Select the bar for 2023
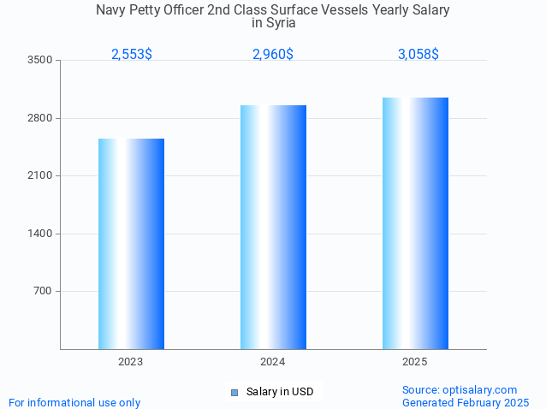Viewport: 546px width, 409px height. pyautogui.click(x=131, y=244)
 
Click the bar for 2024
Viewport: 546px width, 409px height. pyautogui.click(x=273, y=227)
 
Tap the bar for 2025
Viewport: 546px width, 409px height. pyautogui.click(x=415, y=222)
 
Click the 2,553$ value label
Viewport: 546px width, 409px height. pyautogui.click(x=132, y=54)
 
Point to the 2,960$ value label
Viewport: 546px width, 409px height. pyautogui.click(x=273, y=54)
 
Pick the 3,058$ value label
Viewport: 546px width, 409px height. pyautogui.click(x=418, y=54)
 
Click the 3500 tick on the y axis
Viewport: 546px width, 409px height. pyautogui.click(x=39, y=60)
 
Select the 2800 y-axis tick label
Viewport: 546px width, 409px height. pyautogui.click(x=39, y=118)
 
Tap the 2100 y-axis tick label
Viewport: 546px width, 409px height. pyautogui.click(x=39, y=175)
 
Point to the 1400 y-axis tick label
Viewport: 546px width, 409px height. pyautogui.click(x=39, y=234)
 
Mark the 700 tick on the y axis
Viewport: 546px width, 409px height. pyautogui.click(x=43, y=291)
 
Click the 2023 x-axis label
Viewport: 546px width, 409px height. pyautogui.click(x=131, y=362)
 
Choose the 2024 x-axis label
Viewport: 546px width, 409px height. pyautogui.click(x=273, y=362)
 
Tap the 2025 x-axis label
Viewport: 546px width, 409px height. pyautogui.click(x=415, y=362)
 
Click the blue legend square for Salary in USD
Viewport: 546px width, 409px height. pyautogui.click(x=234, y=393)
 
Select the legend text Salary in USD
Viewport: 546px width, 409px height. pyautogui.click(x=280, y=392)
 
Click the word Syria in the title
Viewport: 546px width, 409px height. pyautogui.click(x=273, y=23)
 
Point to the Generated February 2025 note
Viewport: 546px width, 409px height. pyautogui.click(x=466, y=402)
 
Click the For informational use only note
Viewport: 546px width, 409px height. pyautogui.click(x=74, y=402)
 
